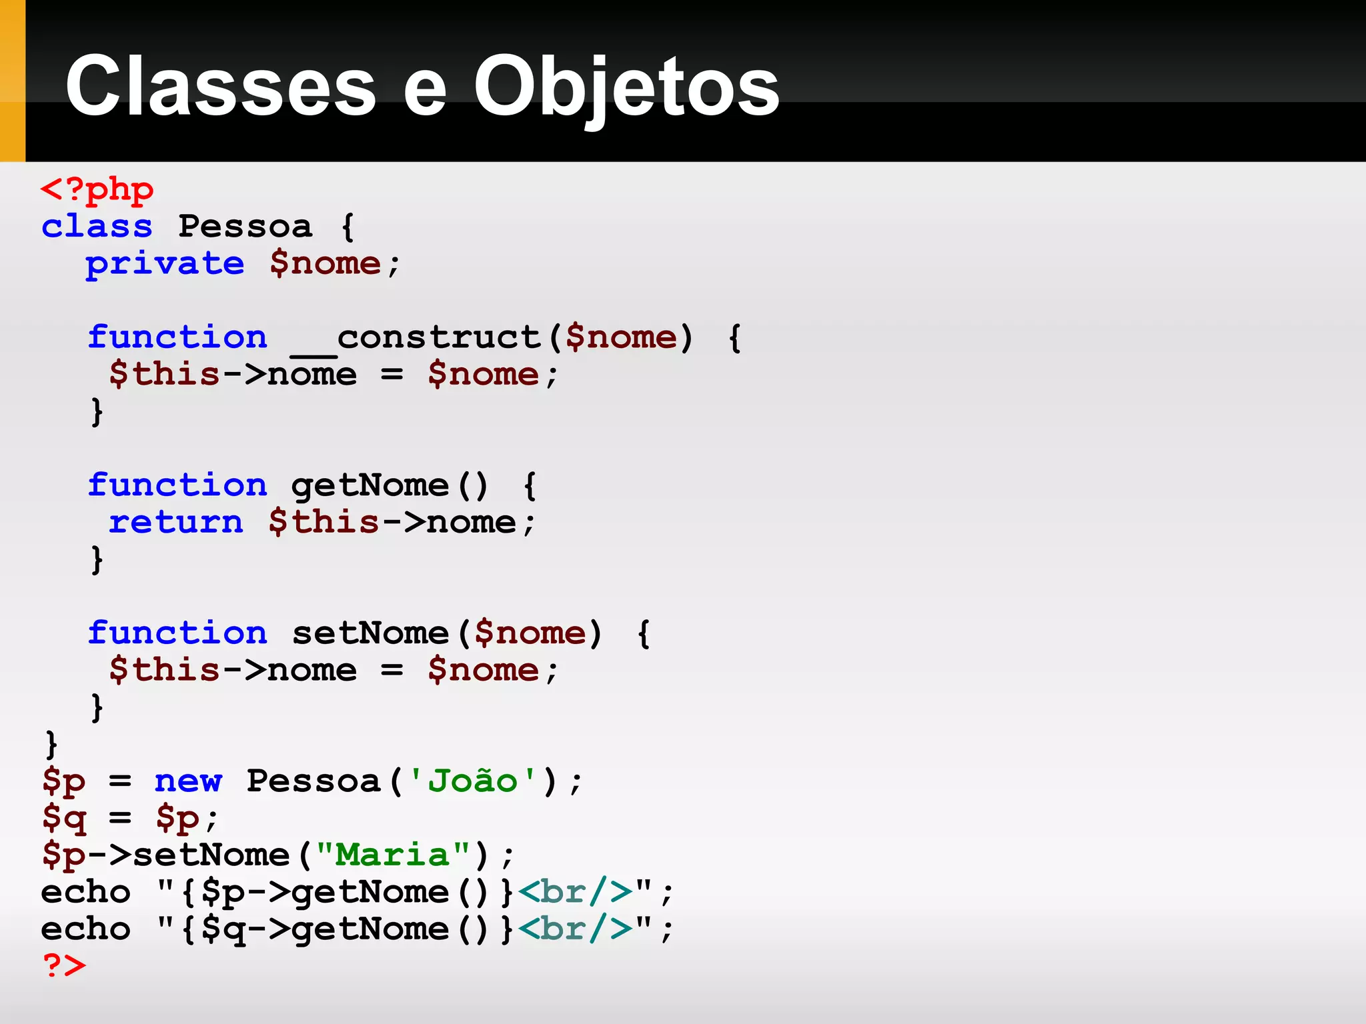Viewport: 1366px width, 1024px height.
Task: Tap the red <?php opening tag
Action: [x=97, y=191]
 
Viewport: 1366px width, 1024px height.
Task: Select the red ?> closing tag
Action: [x=64, y=965]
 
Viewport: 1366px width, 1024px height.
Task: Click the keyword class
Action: [x=97, y=227]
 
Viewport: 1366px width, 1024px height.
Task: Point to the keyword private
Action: [x=165, y=264]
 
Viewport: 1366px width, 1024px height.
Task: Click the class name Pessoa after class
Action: [x=245, y=227]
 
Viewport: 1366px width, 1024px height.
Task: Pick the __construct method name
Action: [x=416, y=338]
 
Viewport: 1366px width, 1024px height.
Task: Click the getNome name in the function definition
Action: [x=370, y=486]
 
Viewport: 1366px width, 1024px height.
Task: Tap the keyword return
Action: [x=176, y=522]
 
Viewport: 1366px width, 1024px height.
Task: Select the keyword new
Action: [x=188, y=781]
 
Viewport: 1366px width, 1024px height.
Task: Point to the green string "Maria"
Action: [x=392, y=855]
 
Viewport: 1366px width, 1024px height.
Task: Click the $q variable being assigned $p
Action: [x=64, y=818]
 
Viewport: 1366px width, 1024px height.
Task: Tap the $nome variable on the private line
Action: [x=325, y=264]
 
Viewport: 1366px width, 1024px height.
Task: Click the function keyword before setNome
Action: [x=177, y=633]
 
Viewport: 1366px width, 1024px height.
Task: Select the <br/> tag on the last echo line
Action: [x=575, y=929]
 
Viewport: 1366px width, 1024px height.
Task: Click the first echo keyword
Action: [x=85, y=892]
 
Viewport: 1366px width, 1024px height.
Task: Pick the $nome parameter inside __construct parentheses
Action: [x=621, y=338]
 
